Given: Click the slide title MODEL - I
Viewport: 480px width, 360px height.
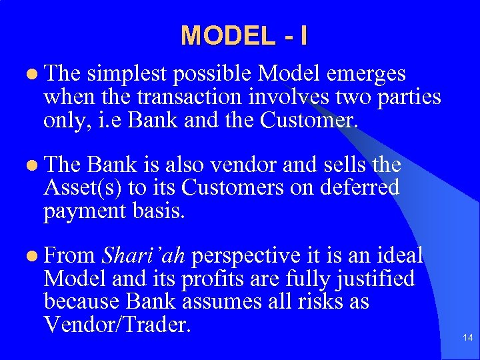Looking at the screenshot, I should (244, 35).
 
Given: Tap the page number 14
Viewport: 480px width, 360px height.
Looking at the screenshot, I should (468, 339).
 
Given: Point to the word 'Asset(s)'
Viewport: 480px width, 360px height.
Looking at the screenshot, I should (85, 188).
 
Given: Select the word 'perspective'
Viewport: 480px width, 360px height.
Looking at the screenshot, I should (242, 255).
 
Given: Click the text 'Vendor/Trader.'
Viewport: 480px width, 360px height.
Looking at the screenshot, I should (117, 325).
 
